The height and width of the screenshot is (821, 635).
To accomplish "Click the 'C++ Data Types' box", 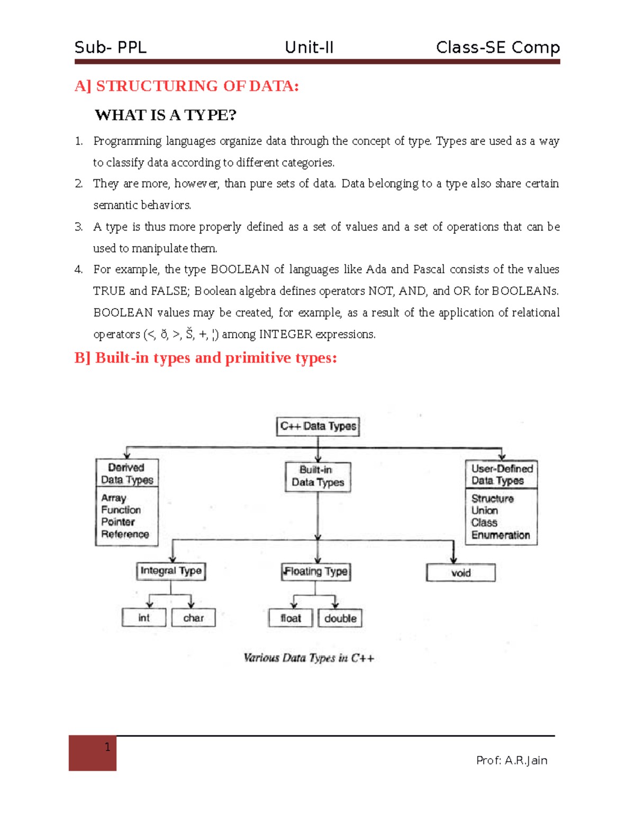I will point(318,427).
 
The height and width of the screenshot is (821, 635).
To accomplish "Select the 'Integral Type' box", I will point(171,571).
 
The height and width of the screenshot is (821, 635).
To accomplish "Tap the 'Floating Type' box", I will point(316,571).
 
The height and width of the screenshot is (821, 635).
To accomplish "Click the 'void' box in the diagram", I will point(461,573).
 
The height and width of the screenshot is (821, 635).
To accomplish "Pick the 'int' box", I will point(144,617).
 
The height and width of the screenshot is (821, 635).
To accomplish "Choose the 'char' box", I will point(194,617).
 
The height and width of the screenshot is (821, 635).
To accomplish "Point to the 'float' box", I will point(291,618).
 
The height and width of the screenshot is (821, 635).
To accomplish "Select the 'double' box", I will point(340,618).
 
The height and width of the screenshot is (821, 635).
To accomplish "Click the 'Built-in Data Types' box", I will point(318,476).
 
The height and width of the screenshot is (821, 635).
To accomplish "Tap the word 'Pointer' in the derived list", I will point(118,522).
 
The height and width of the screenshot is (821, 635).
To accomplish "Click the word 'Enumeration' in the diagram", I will point(501,535).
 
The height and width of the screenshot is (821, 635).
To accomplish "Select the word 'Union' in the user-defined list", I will point(485,511).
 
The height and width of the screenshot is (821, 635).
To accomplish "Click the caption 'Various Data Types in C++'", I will point(309,658).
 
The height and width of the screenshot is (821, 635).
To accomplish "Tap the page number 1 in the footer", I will point(107,747).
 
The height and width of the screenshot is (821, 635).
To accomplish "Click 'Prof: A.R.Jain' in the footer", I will point(512,761).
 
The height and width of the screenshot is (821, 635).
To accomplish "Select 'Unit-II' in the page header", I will point(309,48).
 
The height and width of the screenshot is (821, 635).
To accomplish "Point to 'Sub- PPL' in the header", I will point(111,48).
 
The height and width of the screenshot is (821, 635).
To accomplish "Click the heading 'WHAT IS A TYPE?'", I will point(166,115).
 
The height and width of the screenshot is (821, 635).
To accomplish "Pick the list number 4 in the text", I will point(78,270).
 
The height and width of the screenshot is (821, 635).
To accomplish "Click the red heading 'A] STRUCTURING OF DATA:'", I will point(187,86).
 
